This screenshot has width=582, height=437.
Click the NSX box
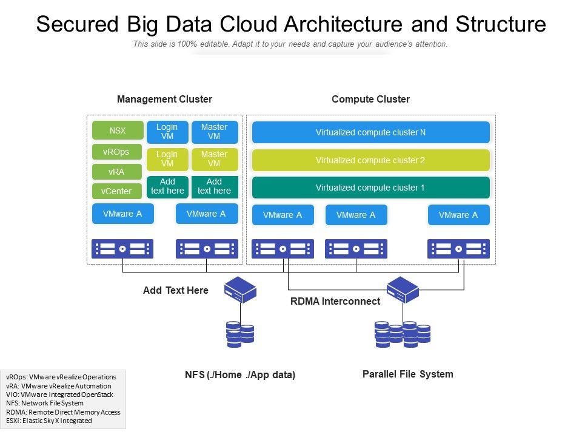point(118,130)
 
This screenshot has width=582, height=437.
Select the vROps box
point(116,152)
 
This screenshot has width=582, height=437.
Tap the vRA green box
point(116,172)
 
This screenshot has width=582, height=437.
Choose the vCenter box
point(116,191)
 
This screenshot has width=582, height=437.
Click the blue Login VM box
point(167,131)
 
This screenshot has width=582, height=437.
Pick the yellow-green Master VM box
point(214,159)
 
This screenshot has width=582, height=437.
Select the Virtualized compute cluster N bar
point(370,132)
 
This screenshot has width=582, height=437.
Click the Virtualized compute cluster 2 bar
point(370,160)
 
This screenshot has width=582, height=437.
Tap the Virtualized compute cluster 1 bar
point(370,188)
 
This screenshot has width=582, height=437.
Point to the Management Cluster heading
point(164,99)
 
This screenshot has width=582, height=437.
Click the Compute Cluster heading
point(370,99)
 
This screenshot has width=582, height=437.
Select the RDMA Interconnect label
point(335,301)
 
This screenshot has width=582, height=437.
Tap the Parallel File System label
point(407,374)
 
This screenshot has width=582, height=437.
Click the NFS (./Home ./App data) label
point(240,374)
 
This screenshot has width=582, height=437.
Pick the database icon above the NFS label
point(240,334)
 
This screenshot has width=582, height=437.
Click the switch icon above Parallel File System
point(403,290)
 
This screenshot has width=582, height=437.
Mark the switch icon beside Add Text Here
point(241,290)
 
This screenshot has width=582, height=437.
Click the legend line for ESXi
point(49,420)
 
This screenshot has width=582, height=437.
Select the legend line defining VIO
point(59,394)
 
